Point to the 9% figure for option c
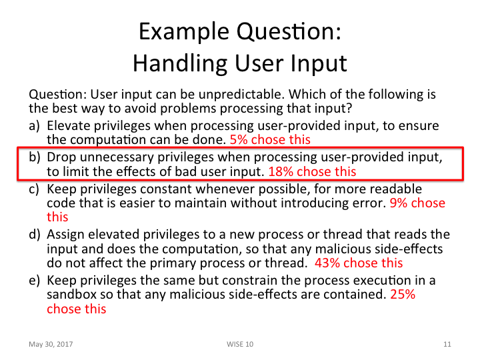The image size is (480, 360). [399, 203]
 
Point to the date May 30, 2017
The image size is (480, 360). [51, 344]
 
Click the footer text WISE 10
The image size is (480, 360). [239, 344]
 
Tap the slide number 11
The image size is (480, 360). [447, 344]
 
